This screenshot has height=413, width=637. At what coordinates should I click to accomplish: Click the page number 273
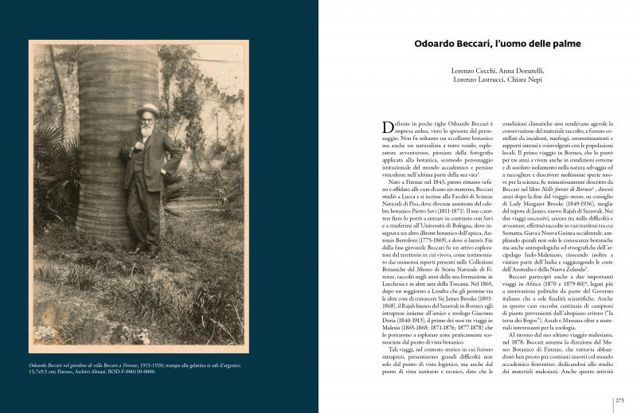(619, 401)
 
